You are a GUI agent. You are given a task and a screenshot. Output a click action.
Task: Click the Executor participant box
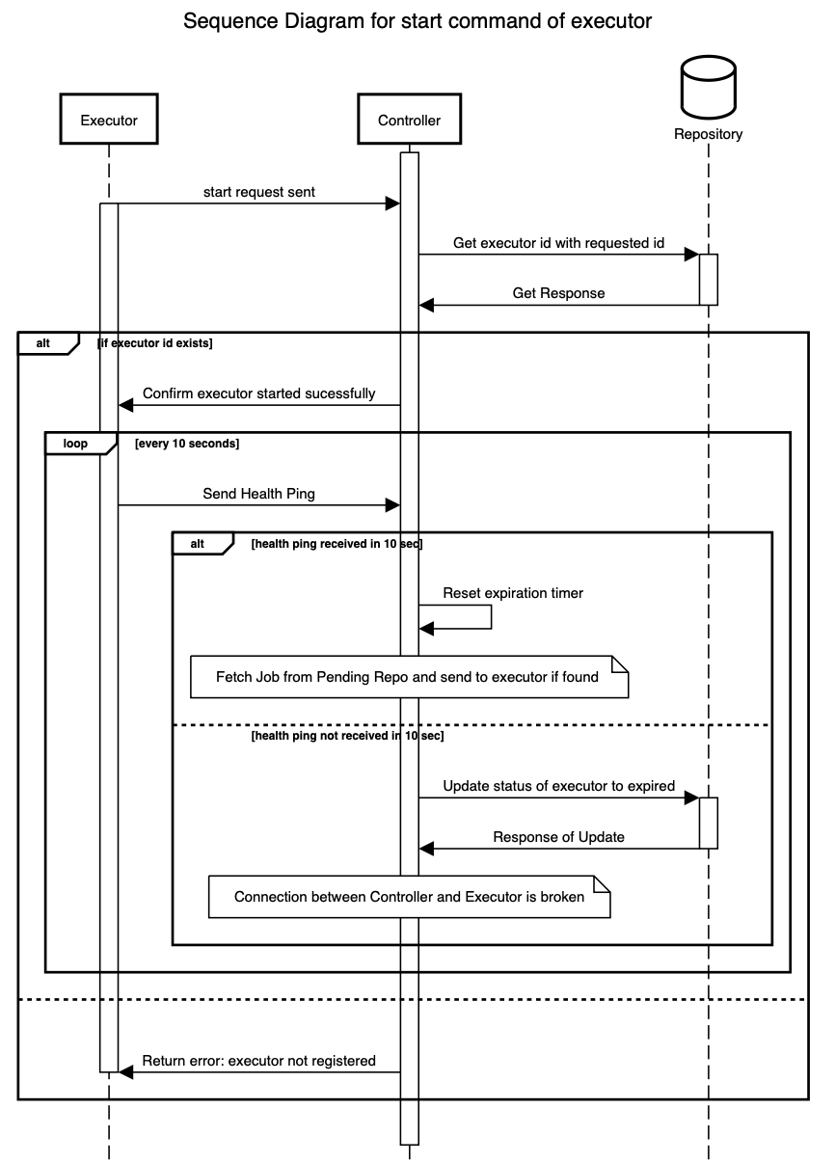point(108,121)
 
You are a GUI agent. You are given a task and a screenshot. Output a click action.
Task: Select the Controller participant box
point(409,121)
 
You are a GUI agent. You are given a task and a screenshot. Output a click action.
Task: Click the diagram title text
point(417,20)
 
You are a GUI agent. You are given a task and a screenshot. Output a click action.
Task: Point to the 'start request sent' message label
point(258,192)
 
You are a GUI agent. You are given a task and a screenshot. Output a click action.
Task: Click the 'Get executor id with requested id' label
point(558,244)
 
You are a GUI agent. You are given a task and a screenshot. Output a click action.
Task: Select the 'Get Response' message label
point(558,293)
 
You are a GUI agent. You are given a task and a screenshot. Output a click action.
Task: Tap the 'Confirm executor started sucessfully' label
point(258,393)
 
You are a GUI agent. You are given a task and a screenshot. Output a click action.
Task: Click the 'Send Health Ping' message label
point(258,494)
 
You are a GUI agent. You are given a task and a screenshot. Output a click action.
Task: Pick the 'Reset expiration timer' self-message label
point(513,593)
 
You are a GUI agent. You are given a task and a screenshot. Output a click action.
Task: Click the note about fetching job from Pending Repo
point(409,677)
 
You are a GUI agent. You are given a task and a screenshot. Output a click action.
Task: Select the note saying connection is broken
point(410,897)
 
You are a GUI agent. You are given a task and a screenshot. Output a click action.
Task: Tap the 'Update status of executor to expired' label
point(558,786)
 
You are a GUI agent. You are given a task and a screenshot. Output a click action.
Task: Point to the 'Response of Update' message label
point(558,837)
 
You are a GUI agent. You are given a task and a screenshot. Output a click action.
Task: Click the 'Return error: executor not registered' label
point(258,1061)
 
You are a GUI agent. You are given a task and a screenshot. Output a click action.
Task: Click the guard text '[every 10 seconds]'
point(187,445)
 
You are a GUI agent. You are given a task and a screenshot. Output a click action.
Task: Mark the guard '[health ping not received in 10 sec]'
point(346,737)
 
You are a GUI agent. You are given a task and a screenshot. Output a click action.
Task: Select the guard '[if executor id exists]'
point(155,343)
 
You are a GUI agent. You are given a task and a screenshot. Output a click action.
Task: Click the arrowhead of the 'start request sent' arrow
point(393,203)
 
